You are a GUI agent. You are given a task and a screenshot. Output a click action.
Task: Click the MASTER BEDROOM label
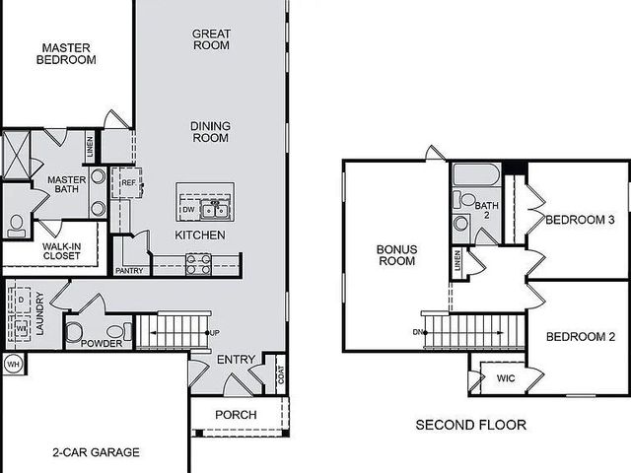click(x=66, y=53)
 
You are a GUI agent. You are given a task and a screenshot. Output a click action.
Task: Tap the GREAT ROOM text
click(x=211, y=38)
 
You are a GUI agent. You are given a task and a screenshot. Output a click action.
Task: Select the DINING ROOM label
click(x=211, y=132)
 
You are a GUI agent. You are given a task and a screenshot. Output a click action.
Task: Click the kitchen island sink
click(x=215, y=209)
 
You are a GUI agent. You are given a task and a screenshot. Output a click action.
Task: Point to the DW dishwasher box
click(x=188, y=210)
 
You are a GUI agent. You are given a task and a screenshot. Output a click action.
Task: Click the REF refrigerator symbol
click(x=128, y=183)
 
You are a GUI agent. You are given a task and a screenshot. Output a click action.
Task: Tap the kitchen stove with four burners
click(x=198, y=263)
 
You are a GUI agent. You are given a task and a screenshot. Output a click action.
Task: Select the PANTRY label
click(x=129, y=269)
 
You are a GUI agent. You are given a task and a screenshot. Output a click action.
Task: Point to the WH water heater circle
click(x=14, y=364)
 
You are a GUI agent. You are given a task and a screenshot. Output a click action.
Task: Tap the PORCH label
click(x=236, y=415)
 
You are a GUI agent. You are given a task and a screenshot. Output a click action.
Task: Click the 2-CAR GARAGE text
click(x=96, y=453)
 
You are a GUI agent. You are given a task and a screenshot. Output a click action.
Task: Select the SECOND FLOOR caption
click(x=470, y=426)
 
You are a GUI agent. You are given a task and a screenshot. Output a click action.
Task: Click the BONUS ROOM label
click(x=397, y=256)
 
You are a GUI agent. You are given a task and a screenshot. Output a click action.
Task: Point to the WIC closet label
click(x=506, y=377)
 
